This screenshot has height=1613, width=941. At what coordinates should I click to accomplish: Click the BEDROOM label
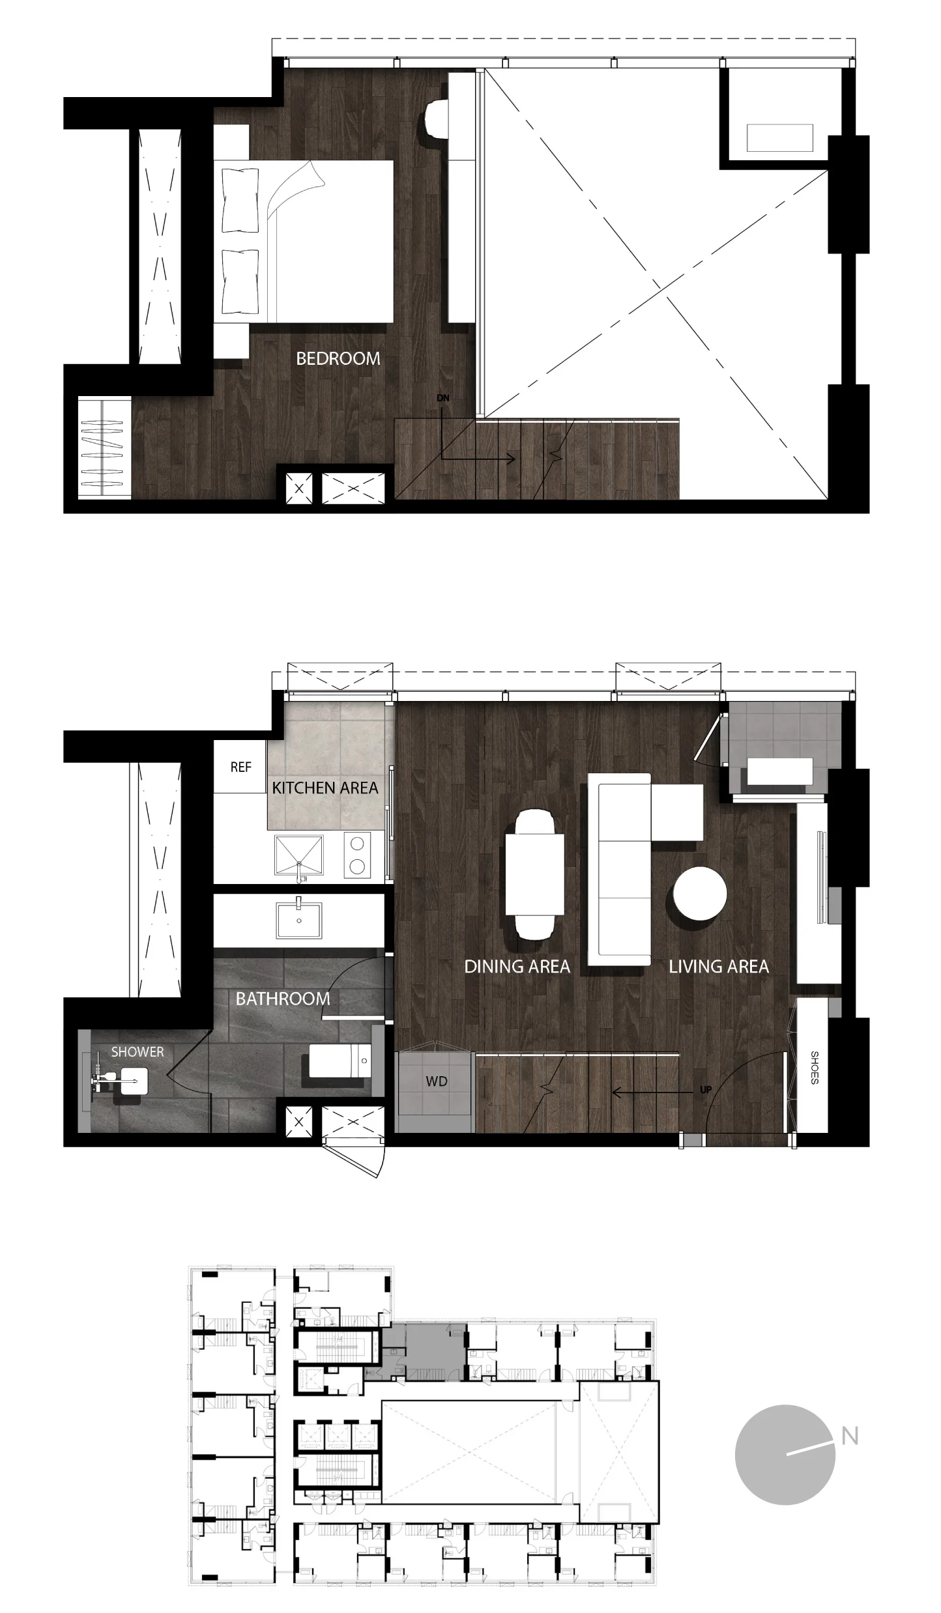click(338, 358)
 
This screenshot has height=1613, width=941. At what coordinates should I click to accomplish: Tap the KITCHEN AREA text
click(325, 788)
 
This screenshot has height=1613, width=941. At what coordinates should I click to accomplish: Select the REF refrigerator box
click(240, 767)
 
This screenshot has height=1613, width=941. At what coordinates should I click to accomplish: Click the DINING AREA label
click(517, 967)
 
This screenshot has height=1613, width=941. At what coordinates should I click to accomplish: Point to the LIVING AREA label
click(719, 967)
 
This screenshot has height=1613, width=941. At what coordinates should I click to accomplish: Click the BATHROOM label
click(283, 999)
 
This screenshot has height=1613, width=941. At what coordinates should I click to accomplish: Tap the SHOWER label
click(138, 1051)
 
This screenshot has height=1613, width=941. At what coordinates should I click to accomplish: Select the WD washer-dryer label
click(436, 1081)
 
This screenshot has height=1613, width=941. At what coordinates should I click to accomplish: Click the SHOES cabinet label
click(814, 1067)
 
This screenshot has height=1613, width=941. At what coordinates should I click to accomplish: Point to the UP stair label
click(705, 1089)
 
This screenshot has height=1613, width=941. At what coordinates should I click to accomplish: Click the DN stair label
click(443, 398)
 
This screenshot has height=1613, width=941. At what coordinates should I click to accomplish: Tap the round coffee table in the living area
click(700, 894)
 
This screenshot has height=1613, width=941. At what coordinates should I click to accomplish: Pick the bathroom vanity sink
click(298, 919)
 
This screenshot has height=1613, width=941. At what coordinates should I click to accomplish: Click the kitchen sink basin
click(298, 855)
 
